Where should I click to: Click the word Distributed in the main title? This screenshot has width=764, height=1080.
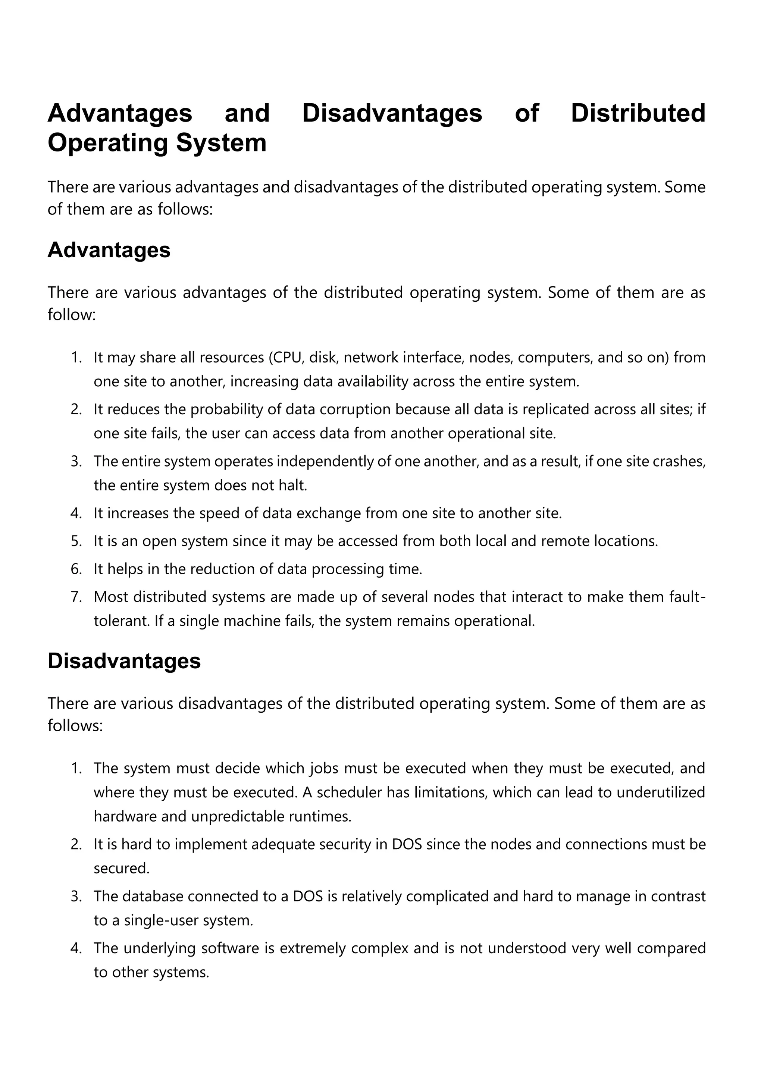point(638,113)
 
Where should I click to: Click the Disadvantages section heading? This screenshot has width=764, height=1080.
point(124,661)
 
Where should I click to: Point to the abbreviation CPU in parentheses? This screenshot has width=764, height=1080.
point(286,358)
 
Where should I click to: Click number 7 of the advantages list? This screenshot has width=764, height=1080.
point(76,597)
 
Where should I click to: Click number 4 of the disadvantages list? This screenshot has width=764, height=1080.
point(76,948)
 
